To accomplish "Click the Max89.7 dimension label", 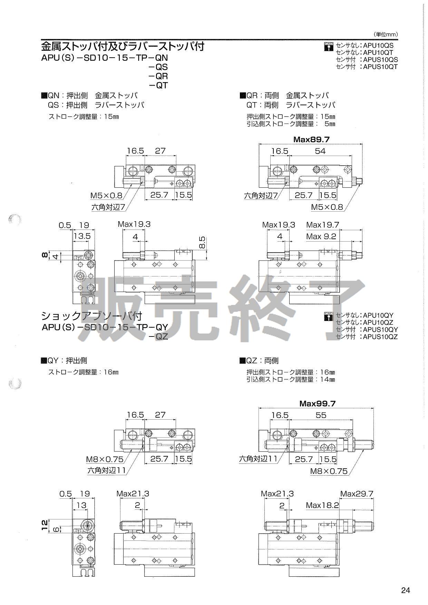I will coord(311,139).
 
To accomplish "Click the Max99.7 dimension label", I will coord(317,403).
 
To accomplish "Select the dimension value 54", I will coord(320,151).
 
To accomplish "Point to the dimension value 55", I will coord(321,415).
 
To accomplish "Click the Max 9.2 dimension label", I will coord(321,236).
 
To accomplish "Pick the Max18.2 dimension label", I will coord(322,506).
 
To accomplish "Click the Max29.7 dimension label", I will coord(357,494).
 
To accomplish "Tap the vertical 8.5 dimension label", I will coord(202,243).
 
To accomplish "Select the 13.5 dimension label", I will coord(82,236).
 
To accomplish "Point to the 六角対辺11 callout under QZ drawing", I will coord(258,459).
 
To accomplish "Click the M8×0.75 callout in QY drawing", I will coord(105,459).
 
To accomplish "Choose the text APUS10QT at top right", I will coord(380,67).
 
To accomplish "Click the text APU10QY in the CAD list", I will coord(378,315).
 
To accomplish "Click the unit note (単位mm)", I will coord(386,34).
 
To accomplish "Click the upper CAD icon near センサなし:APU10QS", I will coord(328,46).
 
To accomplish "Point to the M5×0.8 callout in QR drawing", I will coord(327,207).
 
